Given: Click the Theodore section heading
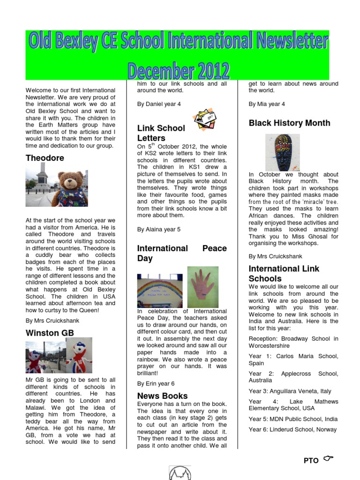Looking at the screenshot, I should pyautogui.click(x=45, y=158).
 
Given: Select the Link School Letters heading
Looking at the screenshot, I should pyautogui.click(x=161, y=133).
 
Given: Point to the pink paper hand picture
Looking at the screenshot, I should pyautogui.click(x=202, y=287).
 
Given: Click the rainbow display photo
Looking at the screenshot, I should pyautogui.click(x=160, y=291).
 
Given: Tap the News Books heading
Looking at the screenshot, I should pyautogui.click(x=162, y=396).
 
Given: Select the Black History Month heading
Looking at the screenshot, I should pyautogui.click(x=289, y=123).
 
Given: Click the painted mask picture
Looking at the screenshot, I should pyautogui.click(x=283, y=152).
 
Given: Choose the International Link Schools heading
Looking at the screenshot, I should pyautogui.click(x=284, y=273).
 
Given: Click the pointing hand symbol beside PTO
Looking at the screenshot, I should pyautogui.click(x=328, y=458).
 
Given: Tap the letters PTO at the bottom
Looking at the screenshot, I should pyautogui.click(x=311, y=461).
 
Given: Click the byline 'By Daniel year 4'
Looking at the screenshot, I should pyautogui.click(x=159, y=104).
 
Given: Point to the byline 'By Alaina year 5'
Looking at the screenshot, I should pyautogui.click(x=158, y=230).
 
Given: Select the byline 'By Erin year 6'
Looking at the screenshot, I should pyautogui.click(x=156, y=383).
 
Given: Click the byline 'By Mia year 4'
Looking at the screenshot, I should pyautogui.click(x=267, y=104).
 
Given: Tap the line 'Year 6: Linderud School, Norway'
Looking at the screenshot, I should pyautogui.click(x=292, y=429).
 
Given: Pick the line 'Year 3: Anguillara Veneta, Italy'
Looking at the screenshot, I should pyautogui.click(x=290, y=391).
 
